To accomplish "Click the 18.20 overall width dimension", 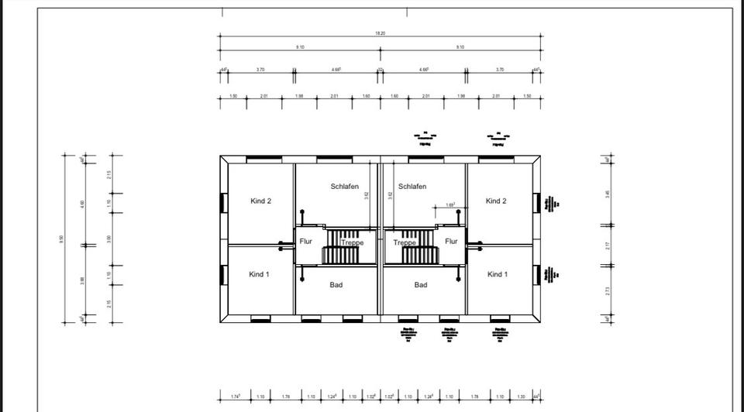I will click(380, 33).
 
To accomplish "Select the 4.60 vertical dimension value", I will click(83, 203).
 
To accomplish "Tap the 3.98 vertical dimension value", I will click(83, 280).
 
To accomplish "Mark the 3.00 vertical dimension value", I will click(109, 239).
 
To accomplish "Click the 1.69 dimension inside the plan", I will click(451, 205).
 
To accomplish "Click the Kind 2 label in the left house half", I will click(260, 201).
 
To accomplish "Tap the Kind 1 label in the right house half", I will click(497, 274).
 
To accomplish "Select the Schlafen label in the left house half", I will click(345, 187).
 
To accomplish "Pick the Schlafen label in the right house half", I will click(412, 187).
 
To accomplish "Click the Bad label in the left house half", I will click(336, 285).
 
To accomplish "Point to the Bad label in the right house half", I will click(421, 285).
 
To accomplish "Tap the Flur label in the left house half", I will click(306, 241).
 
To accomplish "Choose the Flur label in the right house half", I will click(451, 241).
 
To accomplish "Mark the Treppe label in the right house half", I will click(405, 242).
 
